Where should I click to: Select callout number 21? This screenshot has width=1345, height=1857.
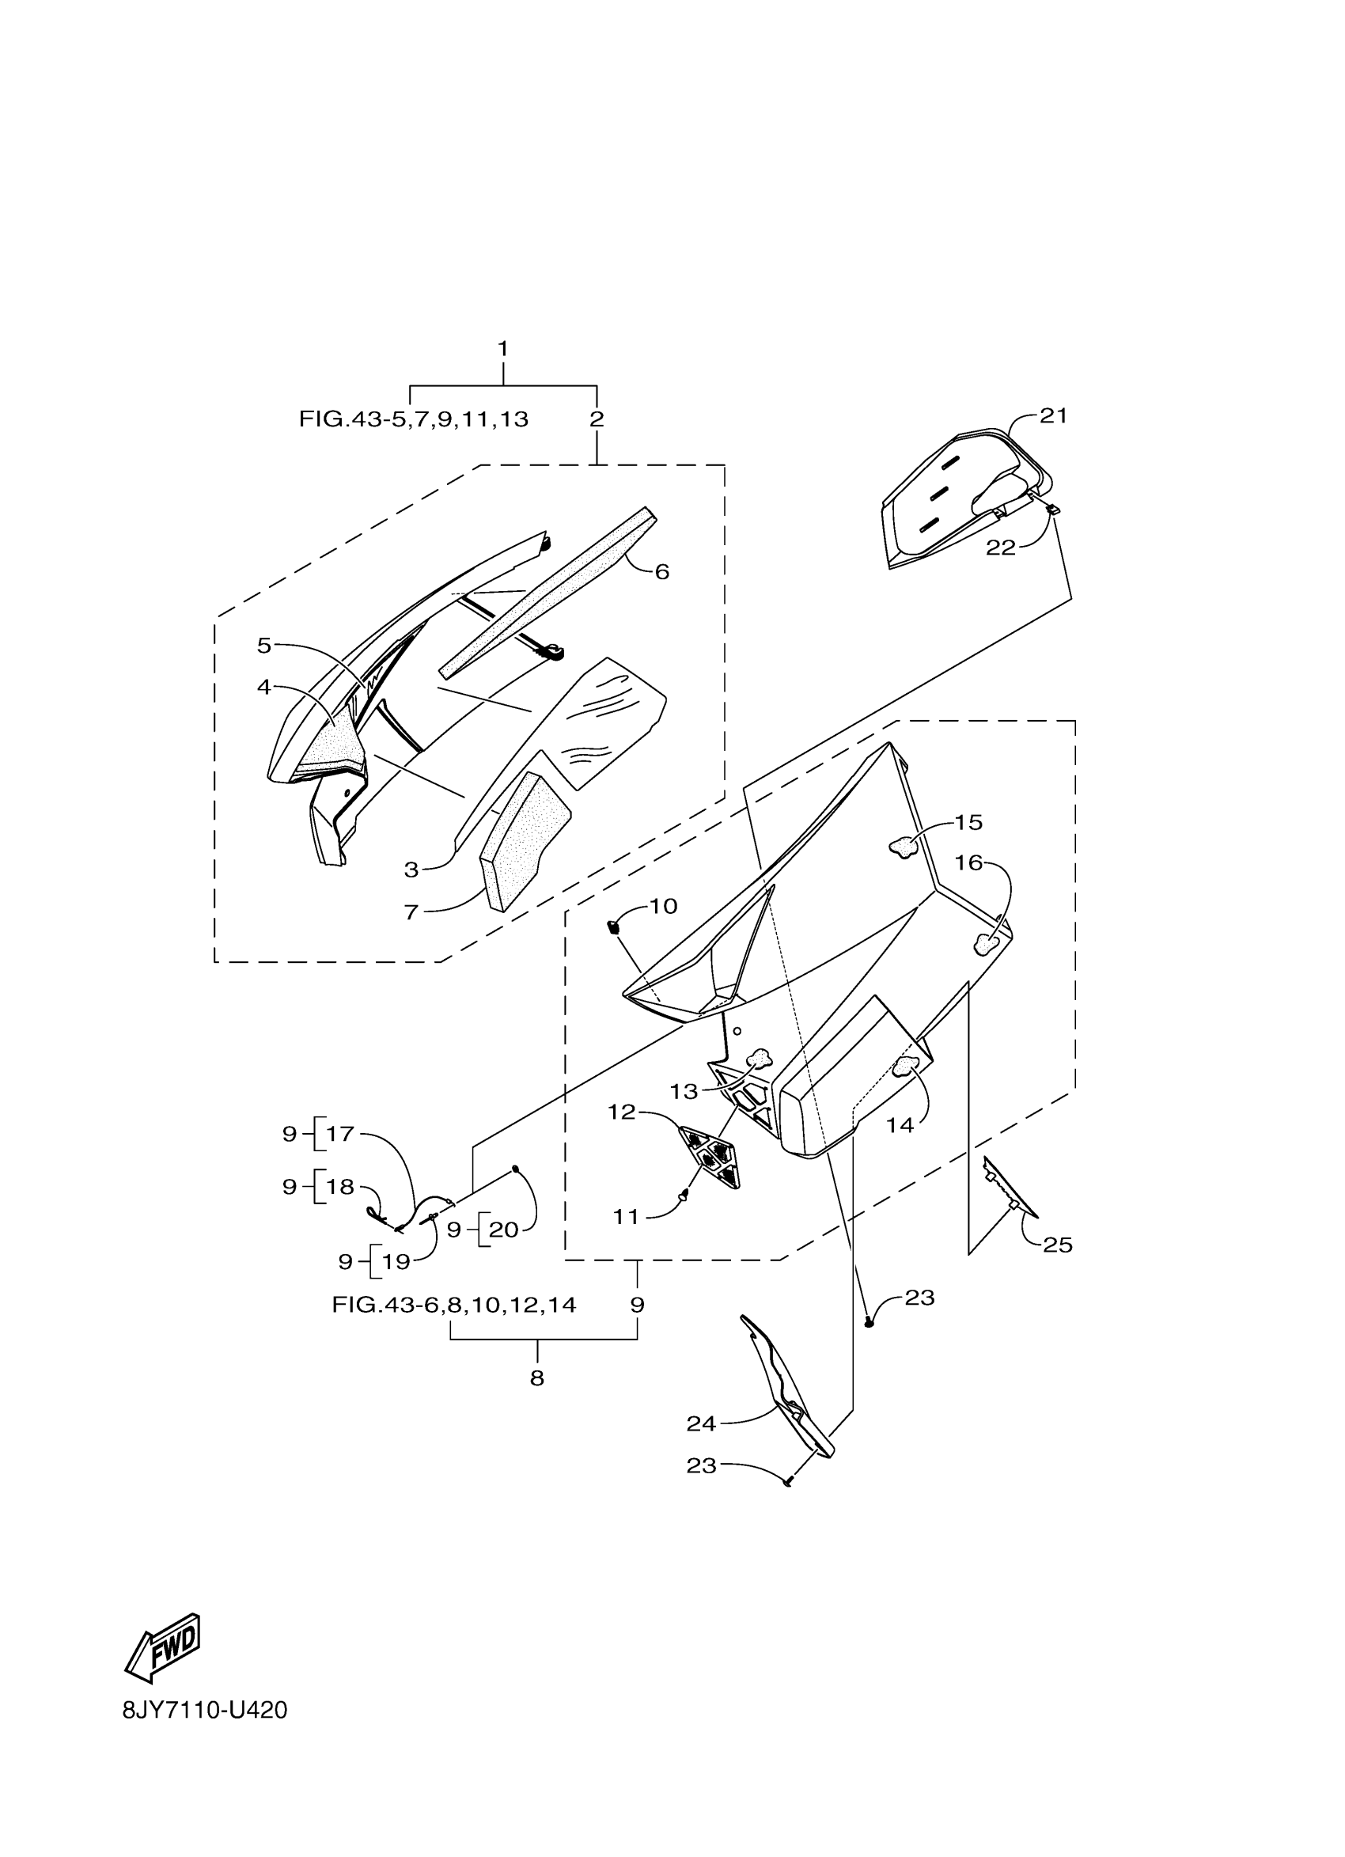coord(1054,416)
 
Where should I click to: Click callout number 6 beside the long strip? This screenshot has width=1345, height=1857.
coord(662,571)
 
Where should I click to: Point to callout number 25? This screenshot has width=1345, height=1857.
coord(1057,1245)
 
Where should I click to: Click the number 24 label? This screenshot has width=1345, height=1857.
coord(702,1424)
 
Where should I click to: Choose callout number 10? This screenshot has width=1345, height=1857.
coord(663,907)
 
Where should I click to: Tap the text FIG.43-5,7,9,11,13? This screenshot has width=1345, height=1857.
coord(414,420)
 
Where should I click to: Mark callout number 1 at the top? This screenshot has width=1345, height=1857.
coord(502,349)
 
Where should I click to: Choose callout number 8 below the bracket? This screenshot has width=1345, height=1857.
coord(537,1379)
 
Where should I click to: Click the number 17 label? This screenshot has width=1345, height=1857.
coord(339,1134)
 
